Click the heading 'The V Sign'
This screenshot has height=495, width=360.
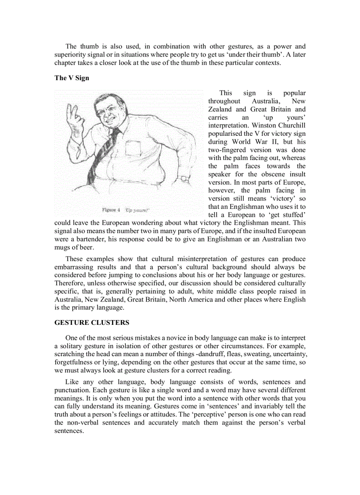pyautogui.click(x=71, y=78)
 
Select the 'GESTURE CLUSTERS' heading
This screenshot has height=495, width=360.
pyautogui.click(x=92, y=323)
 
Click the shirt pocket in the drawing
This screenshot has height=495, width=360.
pyautogui.click(x=132, y=148)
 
